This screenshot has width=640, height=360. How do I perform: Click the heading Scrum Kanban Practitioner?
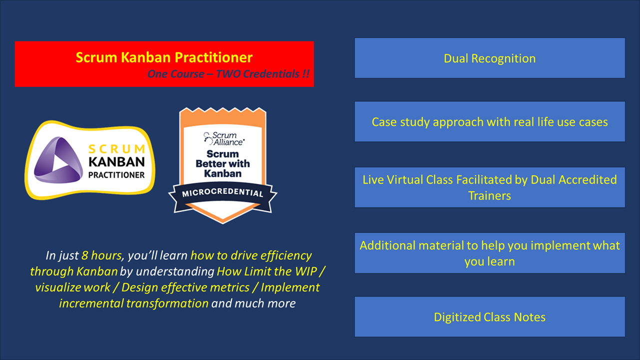(164, 57)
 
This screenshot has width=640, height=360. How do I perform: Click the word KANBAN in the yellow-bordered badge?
(116, 162)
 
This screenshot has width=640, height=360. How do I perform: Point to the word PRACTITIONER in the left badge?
(116, 175)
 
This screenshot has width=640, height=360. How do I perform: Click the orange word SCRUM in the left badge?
(116, 149)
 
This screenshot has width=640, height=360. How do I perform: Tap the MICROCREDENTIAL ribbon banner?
(223, 193)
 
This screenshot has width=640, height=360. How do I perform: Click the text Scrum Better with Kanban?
(223, 164)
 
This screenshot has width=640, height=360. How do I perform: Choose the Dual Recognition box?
(490, 58)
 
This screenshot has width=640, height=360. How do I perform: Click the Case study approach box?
(490, 122)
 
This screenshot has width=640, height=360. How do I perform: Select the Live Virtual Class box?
(490, 187)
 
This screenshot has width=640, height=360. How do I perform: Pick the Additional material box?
(490, 253)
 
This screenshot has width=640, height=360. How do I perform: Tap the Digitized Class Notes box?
(490, 317)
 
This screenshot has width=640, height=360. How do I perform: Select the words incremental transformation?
(133, 303)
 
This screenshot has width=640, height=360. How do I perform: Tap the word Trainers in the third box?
(490, 195)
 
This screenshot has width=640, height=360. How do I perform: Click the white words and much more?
(253, 303)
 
